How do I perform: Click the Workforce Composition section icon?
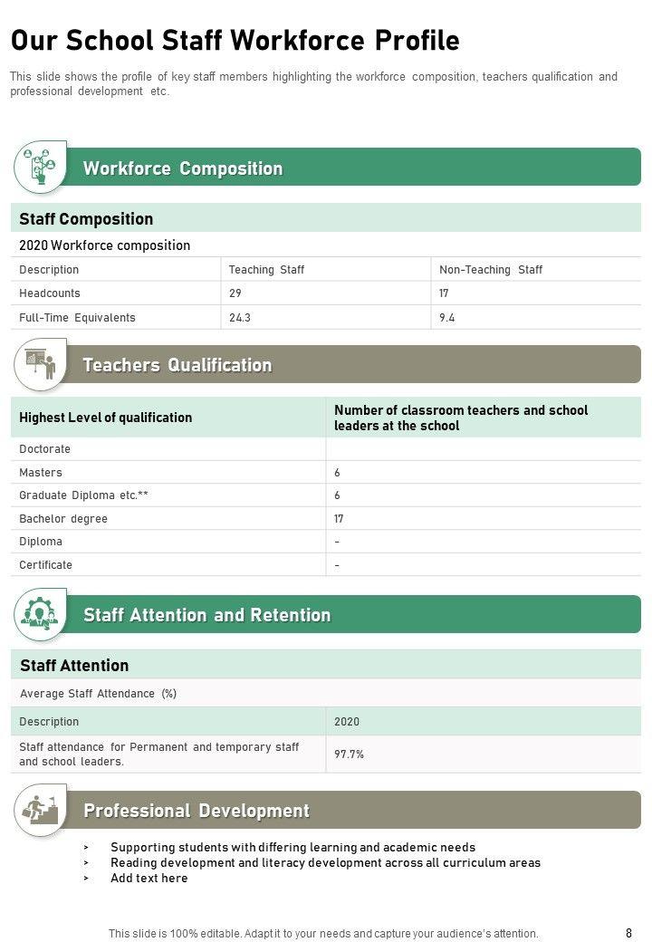[x=40, y=167]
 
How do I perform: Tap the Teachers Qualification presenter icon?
[x=40, y=364]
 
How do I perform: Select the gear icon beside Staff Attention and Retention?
[x=40, y=614]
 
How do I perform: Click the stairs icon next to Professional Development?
[x=40, y=810]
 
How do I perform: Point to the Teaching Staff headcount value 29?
[x=235, y=293]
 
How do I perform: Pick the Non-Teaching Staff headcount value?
[x=444, y=293]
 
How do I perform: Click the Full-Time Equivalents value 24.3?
[x=240, y=318]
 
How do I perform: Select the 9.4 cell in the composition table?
[x=447, y=318]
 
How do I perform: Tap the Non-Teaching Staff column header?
[x=491, y=270]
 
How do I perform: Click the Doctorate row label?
[x=44, y=449]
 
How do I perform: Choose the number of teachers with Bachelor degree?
[x=339, y=519]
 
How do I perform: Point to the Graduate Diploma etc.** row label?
[x=83, y=495]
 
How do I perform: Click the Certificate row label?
[x=45, y=565]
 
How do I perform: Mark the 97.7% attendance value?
[x=349, y=754]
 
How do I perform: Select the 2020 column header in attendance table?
[x=347, y=722]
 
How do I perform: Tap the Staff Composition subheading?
[x=86, y=219]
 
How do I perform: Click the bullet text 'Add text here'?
[x=149, y=878]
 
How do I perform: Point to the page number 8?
[x=628, y=933]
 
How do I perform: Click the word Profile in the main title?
[x=415, y=41]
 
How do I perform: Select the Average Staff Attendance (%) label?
[x=98, y=694]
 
